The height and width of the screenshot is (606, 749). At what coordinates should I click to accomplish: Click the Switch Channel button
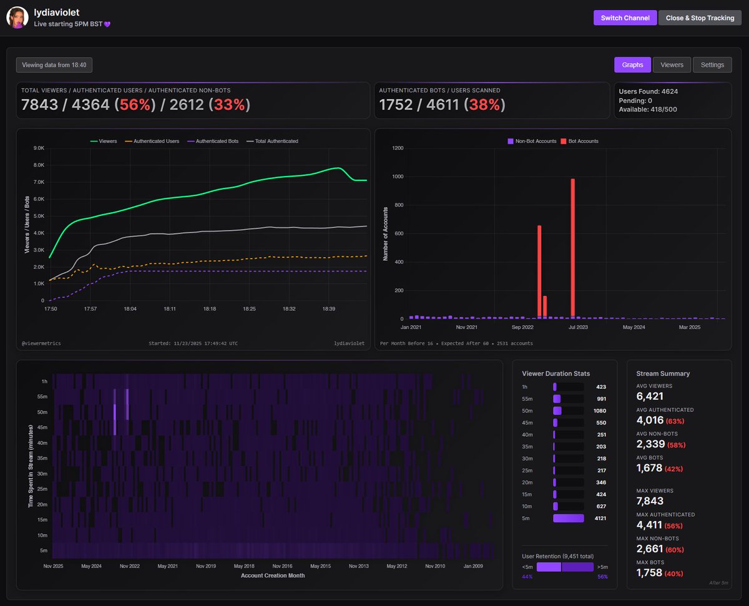point(624,18)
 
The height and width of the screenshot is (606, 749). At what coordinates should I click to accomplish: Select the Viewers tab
point(672,65)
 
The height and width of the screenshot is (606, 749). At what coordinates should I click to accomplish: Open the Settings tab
point(712,65)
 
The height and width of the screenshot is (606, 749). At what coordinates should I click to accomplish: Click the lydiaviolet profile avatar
point(17,17)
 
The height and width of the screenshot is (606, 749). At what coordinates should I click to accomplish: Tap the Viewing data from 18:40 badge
point(54,65)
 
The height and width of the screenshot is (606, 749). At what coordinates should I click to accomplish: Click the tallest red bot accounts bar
point(572,248)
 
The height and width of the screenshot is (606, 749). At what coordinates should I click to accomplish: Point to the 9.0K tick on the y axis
point(38,149)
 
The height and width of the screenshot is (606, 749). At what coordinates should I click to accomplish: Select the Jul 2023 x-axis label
point(577,327)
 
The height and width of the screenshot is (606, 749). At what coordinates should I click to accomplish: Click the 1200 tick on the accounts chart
point(398,149)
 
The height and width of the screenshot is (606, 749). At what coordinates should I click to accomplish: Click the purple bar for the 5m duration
point(568,518)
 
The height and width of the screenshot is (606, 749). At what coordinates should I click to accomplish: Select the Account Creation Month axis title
point(273,575)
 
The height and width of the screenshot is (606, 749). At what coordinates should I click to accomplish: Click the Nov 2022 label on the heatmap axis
point(129,567)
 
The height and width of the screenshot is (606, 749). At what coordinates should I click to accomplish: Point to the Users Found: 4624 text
point(648,92)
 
